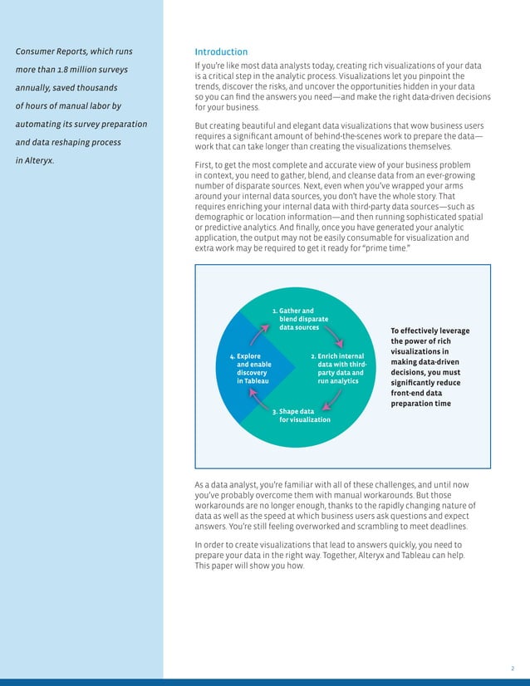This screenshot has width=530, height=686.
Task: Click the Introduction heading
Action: pyautogui.click(x=221, y=51)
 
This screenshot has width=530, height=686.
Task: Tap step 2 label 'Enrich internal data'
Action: pyautogui.click(x=337, y=369)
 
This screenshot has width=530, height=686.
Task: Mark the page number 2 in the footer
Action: pyautogui.click(x=513, y=668)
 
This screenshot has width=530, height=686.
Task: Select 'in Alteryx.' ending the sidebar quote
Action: pyautogui.click(x=36, y=159)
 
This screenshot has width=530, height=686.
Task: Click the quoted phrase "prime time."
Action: pyautogui.click(x=387, y=247)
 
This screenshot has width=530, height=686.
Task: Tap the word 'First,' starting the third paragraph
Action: pyautogui.click(x=205, y=165)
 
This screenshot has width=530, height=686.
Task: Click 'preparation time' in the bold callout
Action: pyautogui.click(x=420, y=404)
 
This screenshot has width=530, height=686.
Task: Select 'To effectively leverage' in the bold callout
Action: pyautogui.click(x=429, y=331)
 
